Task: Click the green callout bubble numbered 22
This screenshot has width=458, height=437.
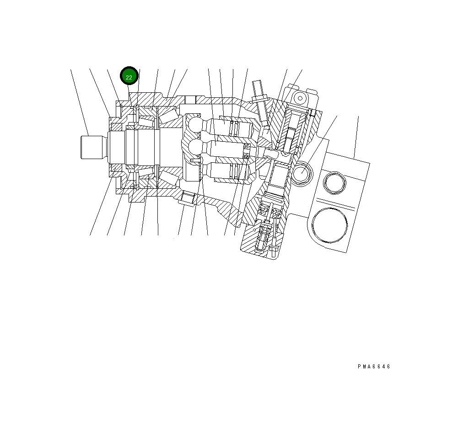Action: (x=129, y=76)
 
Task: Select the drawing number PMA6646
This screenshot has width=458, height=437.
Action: (x=374, y=367)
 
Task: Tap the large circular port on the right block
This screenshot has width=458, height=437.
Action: (x=329, y=224)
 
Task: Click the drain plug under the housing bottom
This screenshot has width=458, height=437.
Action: (x=189, y=199)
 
